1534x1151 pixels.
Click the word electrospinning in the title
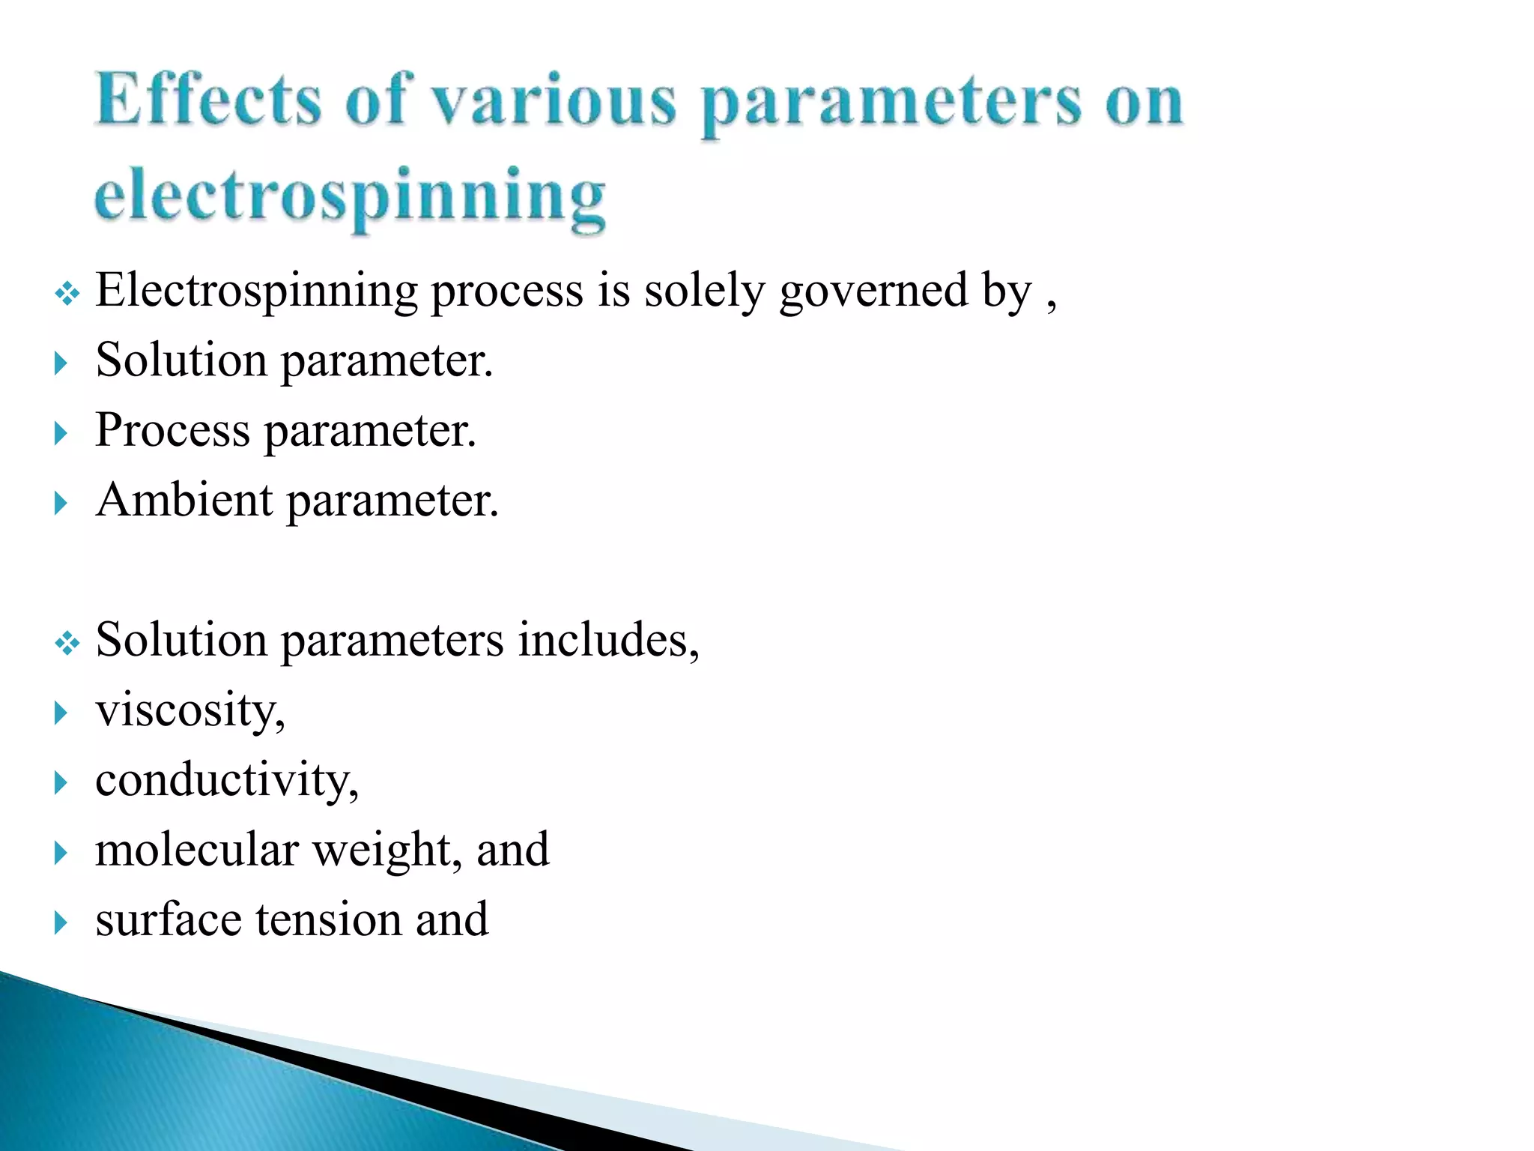click(350, 197)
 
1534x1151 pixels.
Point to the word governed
click(873, 291)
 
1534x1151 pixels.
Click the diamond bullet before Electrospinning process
click(67, 293)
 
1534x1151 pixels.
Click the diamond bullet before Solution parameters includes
click(67, 643)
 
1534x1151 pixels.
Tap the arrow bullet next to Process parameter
click(61, 433)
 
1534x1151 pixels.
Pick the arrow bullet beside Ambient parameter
click(61, 503)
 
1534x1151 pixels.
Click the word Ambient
click(184, 500)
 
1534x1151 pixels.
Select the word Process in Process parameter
click(172, 431)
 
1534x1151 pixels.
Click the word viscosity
click(190, 710)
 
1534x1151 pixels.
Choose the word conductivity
click(227, 780)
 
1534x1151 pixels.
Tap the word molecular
click(197, 850)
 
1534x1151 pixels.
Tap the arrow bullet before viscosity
click(61, 713)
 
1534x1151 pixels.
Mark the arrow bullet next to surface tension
click(61, 922)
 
